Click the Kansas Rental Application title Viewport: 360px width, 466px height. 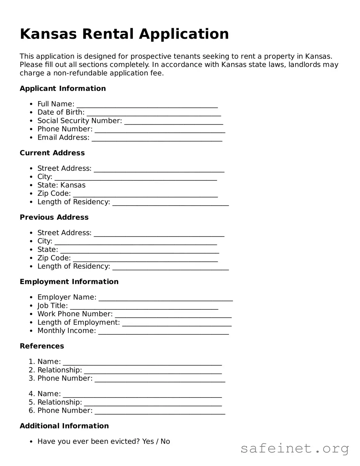pos(124,34)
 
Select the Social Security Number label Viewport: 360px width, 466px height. pos(79,121)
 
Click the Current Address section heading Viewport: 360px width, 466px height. pos(52,153)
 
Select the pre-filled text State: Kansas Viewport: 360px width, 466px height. pos(61,185)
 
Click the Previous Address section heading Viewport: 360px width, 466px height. pos(54,217)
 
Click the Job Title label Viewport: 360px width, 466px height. pos(53,306)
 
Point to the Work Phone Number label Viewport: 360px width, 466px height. pos(75,314)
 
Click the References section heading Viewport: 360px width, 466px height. pos(42,346)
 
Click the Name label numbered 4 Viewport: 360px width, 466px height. pos(49,394)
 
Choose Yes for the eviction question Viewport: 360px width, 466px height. pos(148,441)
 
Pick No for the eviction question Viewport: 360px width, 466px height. pos(165,441)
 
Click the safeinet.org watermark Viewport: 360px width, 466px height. pos(295,448)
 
